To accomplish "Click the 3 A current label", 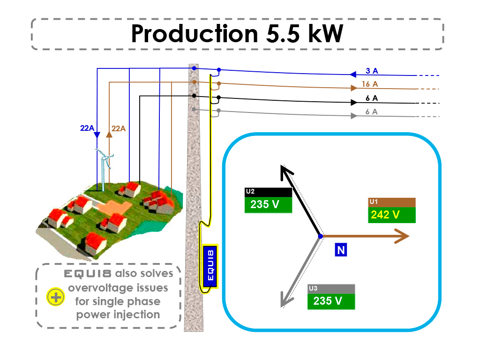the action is tap(372, 71).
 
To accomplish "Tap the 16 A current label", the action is tap(370, 84).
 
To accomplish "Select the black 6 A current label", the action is tap(372, 98).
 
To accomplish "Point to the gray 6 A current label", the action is tap(371, 112).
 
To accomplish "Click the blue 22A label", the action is tap(87, 128).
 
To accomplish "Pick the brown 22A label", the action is tap(119, 128).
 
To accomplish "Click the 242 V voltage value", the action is tap(385, 215).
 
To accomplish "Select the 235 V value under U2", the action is tap(265, 204).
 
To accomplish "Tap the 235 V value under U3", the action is tap(328, 301).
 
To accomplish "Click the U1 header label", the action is tap(374, 202).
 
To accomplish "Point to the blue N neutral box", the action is tap(341, 250).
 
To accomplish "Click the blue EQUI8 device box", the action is tap(210, 266).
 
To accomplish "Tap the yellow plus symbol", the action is tap(55, 297).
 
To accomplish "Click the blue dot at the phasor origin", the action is tap(321, 236).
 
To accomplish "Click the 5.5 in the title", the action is tap(283, 33).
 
